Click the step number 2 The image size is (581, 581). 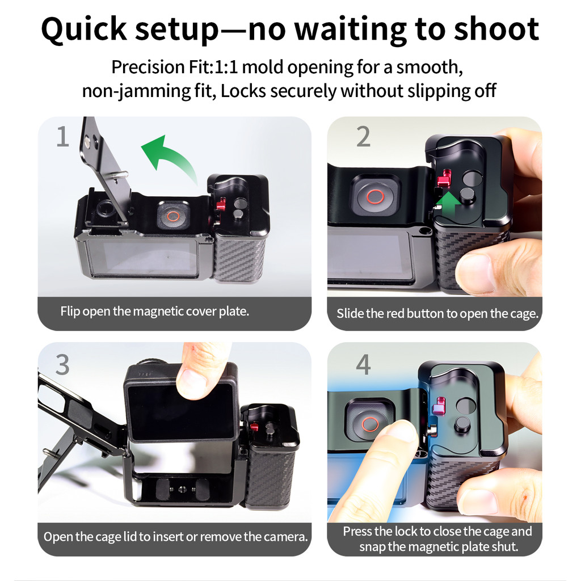[363, 137]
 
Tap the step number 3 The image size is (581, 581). [62, 364]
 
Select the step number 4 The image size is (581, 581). [364, 365]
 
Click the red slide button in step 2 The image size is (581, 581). [444, 178]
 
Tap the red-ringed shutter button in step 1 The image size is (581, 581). [173, 216]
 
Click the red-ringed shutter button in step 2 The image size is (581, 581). [376, 196]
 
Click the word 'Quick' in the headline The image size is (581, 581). [84, 30]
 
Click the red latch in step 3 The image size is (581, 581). [254, 426]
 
